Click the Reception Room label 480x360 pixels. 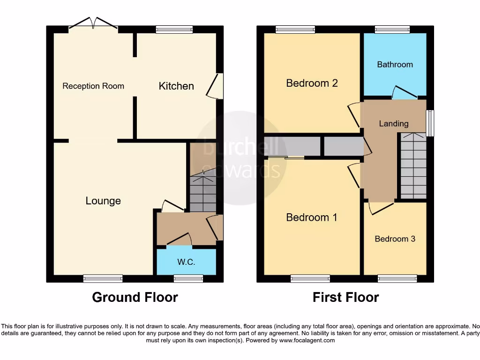pos(93,86)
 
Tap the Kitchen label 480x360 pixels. pos(176,86)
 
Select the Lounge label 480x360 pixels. pos(103,201)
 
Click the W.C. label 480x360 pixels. pos(186,262)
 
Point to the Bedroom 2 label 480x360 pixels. pos(312,83)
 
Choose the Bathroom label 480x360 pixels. pos(395,64)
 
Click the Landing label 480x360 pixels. pos(393,123)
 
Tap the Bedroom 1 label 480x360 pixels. pos(312,217)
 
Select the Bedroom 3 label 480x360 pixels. pos(395,239)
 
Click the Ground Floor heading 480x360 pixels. pos(135,297)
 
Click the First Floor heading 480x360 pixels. pos(346,297)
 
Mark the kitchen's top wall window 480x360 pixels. pos(174,30)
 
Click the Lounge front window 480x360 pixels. pos(103,279)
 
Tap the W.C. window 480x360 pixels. pos(188,279)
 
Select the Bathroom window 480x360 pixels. pos(393,30)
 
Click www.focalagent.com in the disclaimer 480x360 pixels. pos(307,340)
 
